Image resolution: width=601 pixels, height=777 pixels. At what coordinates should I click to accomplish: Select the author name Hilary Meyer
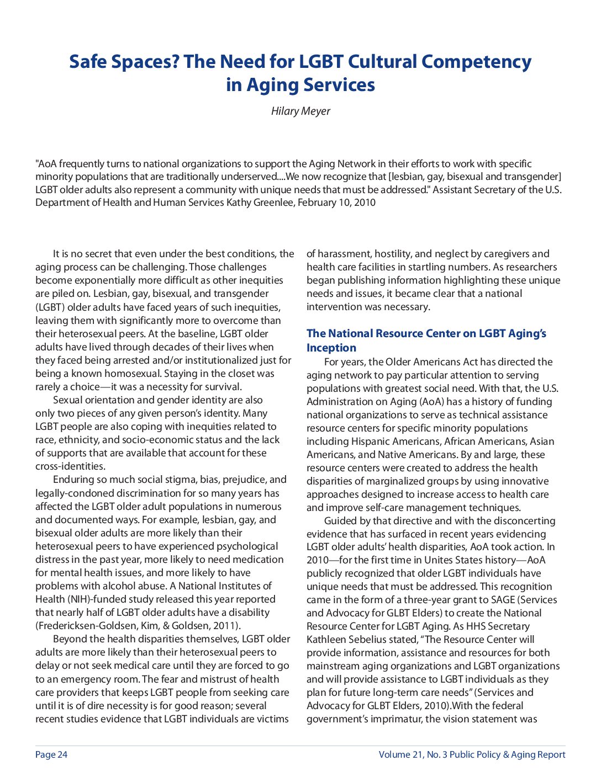tap(300, 111)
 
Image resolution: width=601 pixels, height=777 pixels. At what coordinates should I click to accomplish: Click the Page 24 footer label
tap(51, 754)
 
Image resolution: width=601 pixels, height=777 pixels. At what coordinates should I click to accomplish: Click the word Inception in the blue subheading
tap(331, 348)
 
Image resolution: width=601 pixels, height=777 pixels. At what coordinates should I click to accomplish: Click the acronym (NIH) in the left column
tap(82, 599)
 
